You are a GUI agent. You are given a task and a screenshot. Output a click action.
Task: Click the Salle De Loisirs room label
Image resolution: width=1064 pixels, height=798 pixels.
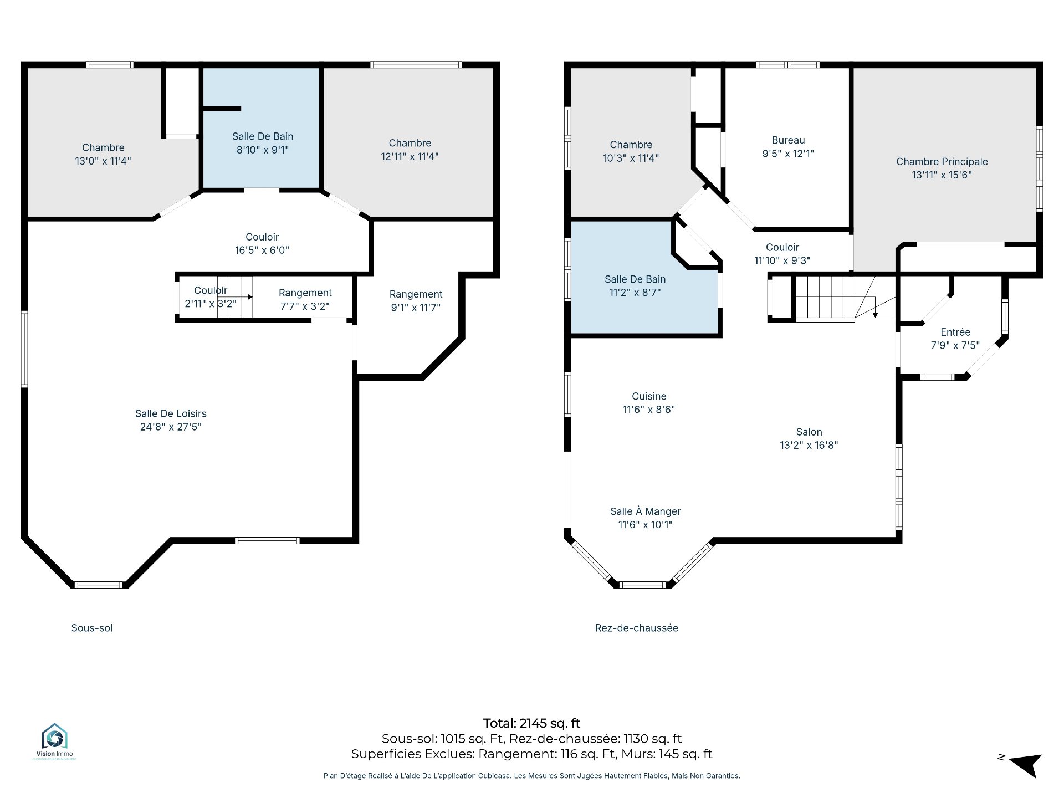coord(171,413)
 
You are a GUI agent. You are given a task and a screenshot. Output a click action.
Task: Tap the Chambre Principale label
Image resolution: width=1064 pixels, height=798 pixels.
coord(942,162)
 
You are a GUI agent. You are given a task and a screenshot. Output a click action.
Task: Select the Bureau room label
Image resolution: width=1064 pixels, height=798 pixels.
coord(788,141)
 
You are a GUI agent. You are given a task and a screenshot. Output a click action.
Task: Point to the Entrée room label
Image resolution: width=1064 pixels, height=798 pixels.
coord(955,332)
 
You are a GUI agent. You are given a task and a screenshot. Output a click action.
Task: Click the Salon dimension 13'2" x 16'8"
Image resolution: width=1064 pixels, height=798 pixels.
coord(809,445)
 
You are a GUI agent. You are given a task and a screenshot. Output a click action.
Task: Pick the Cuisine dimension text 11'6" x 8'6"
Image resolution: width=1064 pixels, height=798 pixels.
coord(649,410)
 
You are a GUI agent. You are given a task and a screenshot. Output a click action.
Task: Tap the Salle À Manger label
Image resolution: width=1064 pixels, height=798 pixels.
coord(646,511)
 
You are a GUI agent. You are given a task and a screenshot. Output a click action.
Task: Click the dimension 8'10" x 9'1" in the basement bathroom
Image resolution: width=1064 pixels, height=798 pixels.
coord(263,150)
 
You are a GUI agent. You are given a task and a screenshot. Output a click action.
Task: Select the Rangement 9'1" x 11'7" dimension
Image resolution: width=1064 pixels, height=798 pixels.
coord(416,308)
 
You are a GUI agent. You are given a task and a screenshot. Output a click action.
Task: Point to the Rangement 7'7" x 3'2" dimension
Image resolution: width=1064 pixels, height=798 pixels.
coord(305,306)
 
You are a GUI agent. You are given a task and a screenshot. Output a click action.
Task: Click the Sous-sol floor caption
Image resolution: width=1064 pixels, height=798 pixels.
coord(92,628)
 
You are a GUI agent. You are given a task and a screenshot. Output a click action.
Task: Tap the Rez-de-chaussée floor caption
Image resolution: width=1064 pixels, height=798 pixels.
coord(637,628)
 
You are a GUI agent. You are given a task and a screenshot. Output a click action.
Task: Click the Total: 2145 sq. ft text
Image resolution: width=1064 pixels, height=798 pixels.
coord(532,723)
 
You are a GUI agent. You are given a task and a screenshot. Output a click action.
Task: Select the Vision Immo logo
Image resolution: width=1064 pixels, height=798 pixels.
coord(54,741)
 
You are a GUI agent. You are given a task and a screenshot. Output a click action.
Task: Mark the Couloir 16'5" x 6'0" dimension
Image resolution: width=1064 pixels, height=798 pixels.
coord(262,250)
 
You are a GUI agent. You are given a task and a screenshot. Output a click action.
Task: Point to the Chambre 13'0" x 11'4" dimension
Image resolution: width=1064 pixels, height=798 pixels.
coord(103,161)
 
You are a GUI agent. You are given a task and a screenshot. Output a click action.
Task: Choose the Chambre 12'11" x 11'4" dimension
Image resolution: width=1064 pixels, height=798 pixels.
coord(410,156)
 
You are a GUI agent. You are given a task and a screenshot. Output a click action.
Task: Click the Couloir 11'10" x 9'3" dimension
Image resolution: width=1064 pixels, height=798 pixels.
coord(782,260)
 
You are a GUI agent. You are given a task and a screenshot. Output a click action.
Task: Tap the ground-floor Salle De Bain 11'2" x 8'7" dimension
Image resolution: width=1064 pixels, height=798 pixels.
coord(635,293)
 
